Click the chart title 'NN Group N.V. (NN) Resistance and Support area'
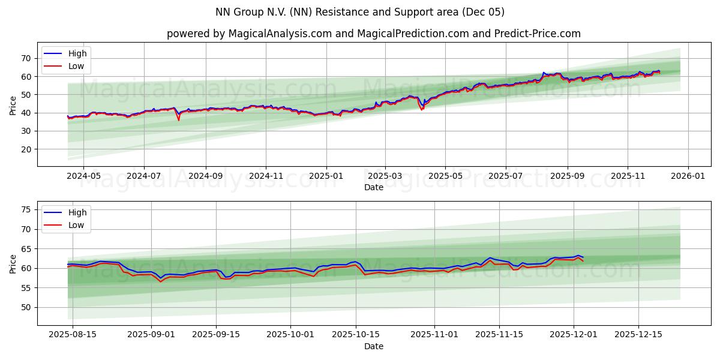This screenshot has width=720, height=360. [359, 12]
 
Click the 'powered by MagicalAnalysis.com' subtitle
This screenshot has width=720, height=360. [373, 34]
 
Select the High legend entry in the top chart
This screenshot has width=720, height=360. [77, 53]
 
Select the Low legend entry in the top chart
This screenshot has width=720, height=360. [76, 66]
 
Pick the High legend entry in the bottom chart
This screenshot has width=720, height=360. [77, 212]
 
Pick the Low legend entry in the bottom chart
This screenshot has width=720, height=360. [76, 225]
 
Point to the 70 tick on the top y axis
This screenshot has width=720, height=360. [26, 58]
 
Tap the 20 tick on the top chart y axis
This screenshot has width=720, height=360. [26, 149]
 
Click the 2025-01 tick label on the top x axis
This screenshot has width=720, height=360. [326, 176]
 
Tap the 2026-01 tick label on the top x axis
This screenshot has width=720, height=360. [688, 176]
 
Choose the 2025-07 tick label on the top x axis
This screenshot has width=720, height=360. [505, 176]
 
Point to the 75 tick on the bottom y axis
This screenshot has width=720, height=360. [26, 209]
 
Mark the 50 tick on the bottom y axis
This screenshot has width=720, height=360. [26, 307]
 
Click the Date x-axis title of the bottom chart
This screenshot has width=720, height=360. [373, 346]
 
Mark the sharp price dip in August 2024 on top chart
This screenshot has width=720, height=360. [178, 119]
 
